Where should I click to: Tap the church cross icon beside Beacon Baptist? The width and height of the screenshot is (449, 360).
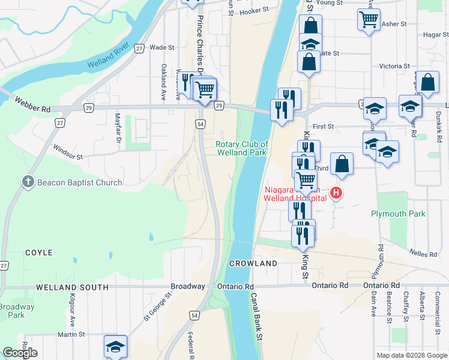[28, 182]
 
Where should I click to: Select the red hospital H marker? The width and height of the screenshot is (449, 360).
[337, 193]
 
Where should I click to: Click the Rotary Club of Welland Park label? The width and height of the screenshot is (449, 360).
[241, 148]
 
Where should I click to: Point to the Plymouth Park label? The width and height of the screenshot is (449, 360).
[398, 214]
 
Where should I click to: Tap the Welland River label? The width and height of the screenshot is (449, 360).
[109, 55]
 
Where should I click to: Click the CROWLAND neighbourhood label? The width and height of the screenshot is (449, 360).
[253, 263]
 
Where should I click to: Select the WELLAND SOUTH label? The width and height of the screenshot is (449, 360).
[71, 287]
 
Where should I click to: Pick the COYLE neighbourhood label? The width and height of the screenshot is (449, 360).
[39, 253]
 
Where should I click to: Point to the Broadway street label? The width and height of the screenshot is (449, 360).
[188, 286]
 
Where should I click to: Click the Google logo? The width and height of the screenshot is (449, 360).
[20, 353]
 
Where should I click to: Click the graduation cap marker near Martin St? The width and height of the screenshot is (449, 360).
[115, 346]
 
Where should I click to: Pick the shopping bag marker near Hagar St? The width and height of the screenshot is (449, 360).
[429, 83]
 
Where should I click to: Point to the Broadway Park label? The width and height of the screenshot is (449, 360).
[15, 311]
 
